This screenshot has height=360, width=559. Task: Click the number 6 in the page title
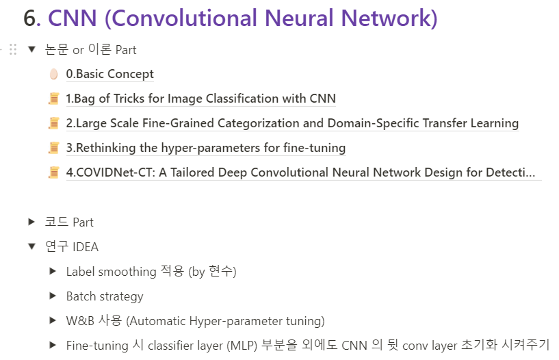point(31,18)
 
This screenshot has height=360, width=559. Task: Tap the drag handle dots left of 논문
point(13,49)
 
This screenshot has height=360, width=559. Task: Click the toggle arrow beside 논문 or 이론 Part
point(31,49)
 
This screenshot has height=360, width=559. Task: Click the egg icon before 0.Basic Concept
point(54,74)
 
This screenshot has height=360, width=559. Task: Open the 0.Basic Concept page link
point(109,74)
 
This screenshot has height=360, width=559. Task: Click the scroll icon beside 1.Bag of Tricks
point(54,99)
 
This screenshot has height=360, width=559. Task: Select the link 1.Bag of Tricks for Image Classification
point(200,99)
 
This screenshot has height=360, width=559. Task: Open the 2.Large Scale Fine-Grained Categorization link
point(292,123)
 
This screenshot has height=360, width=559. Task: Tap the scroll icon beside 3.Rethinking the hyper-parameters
point(54,148)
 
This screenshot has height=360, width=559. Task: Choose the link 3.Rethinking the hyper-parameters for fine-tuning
point(205,148)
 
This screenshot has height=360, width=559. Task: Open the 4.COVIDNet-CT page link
point(300,172)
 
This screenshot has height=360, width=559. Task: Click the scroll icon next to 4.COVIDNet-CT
point(54,172)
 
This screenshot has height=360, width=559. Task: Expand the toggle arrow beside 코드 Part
point(31,222)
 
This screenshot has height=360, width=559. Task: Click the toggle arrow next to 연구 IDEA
point(31,246)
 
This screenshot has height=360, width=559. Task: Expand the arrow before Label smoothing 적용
point(53,272)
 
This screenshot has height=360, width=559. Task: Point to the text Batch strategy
point(105,296)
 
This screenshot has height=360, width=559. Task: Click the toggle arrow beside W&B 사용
point(53,321)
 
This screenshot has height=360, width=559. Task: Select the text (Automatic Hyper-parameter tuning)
point(225,321)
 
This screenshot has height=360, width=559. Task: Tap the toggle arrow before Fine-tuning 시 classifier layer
point(53,346)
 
